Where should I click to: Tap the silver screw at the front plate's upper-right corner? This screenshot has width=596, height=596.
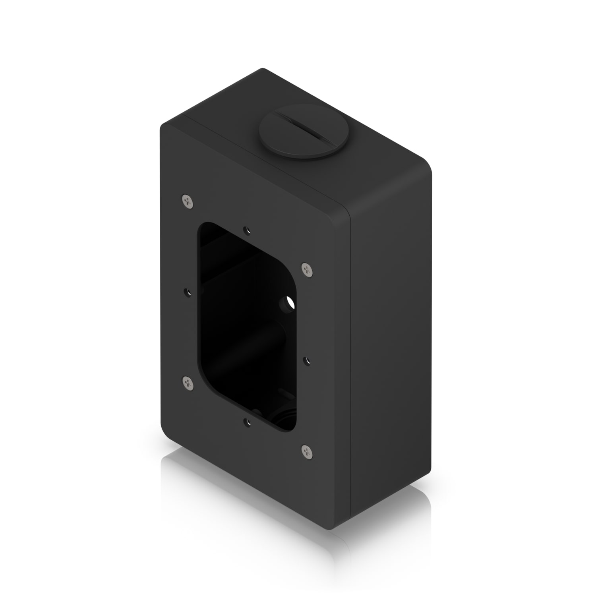pyautogui.click(x=307, y=270)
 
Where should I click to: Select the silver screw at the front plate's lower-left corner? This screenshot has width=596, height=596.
pyautogui.click(x=188, y=383)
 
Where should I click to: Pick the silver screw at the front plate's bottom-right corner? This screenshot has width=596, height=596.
pyautogui.click(x=307, y=451)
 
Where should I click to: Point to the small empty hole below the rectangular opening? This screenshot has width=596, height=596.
pyautogui.click(x=248, y=421)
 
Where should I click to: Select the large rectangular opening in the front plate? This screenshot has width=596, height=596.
pyautogui.click(x=246, y=326)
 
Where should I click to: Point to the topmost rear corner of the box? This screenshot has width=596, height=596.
pyautogui.click(x=262, y=69)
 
